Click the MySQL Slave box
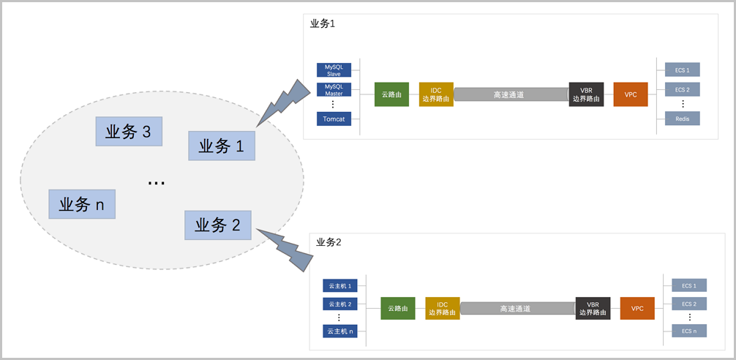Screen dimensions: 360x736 tap(334, 70)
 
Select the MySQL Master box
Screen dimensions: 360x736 tap(334, 89)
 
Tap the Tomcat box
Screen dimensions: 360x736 tap(334, 119)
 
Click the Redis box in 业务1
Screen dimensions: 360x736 tap(682, 119)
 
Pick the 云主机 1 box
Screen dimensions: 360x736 tap(340, 285)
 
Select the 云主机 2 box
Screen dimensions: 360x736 tap(340, 304)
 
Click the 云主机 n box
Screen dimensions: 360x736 tap(340, 331)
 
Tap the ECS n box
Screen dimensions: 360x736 tap(688, 331)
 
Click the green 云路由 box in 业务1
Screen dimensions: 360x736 tap(391, 94)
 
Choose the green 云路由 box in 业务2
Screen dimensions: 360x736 tap(398, 309)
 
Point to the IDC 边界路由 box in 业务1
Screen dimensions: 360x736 tap(436, 94)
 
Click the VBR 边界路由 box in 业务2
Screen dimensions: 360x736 tap(593, 308)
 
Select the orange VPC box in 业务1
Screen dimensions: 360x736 tap(631, 94)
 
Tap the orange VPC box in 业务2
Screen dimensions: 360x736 tap(637, 308)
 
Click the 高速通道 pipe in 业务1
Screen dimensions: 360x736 tap(511, 94)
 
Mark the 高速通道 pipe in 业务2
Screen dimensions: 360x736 tap(517, 309)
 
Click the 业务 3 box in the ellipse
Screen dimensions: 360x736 tap(129, 132)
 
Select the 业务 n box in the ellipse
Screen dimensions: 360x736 tap(82, 204)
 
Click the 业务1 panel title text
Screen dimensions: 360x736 tap(323, 23)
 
